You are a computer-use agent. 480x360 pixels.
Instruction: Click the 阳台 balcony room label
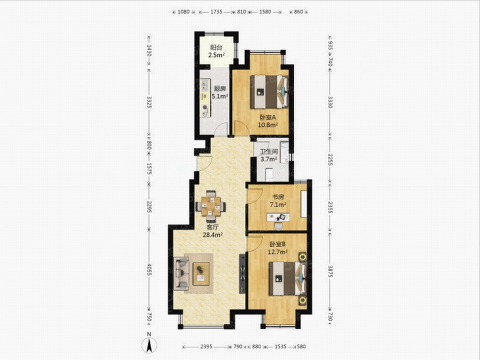pyautogui.click(x=216, y=48)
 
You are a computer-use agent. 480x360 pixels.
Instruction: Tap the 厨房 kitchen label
pyautogui.click(x=220, y=89)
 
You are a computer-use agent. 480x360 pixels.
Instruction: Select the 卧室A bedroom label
pyautogui.click(x=268, y=117)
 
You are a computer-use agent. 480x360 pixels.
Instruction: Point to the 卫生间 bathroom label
pyautogui.click(x=269, y=152)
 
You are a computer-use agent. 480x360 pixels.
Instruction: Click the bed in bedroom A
pyautogui.click(x=269, y=92)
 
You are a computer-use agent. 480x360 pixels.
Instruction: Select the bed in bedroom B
pyautogui.click(x=288, y=278)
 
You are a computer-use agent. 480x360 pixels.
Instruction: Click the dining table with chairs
pyautogui.click(x=211, y=206)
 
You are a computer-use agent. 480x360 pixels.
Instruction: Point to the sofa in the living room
pyautogui.click(x=181, y=274)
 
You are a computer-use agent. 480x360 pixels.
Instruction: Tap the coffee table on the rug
pyautogui.click(x=201, y=274)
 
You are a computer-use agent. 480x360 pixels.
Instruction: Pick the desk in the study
pyautogui.click(x=278, y=217)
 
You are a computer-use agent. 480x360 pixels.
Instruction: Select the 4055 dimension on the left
pyautogui.click(x=149, y=269)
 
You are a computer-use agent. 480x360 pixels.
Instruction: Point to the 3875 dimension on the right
pyautogui.click(x=330, y=270)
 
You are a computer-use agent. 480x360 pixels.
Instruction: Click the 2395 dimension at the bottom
pyautogui.click(x=206, y=347)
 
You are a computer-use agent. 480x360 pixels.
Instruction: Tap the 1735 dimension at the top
pyautogui.click(x=216, y=12)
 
